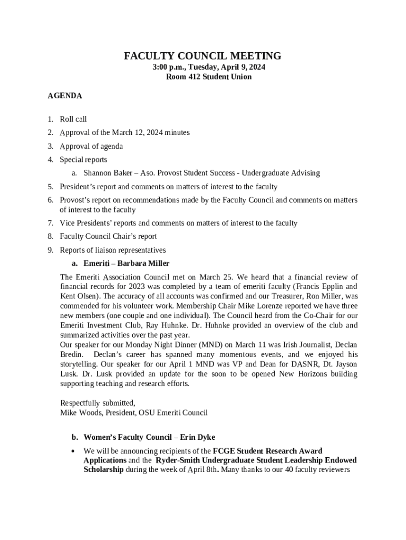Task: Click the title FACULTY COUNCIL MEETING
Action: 202,56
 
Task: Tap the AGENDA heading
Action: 64,96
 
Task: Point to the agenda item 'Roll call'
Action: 73,119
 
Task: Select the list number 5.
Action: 50,187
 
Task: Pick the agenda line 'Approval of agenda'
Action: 91,146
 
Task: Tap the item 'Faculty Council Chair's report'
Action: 108,236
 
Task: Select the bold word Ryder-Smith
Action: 178,460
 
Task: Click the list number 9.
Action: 50,250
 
